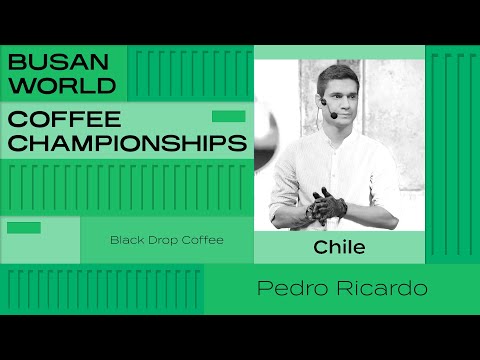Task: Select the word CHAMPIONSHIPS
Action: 127,143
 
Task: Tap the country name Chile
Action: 339,246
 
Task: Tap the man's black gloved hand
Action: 329,204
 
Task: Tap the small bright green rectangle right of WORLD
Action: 228,116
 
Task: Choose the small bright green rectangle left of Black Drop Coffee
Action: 23,227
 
